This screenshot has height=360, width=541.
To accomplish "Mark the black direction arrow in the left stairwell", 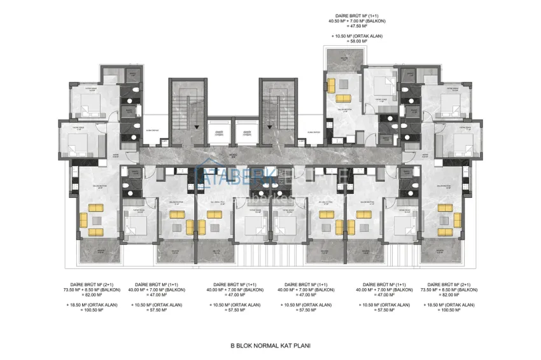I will pos(197,127).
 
